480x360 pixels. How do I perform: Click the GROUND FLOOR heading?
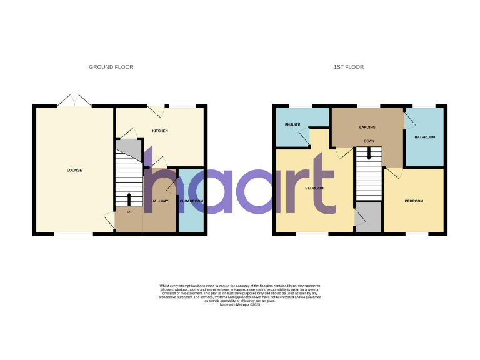[111, 67]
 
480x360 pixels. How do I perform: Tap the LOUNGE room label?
[75, 170]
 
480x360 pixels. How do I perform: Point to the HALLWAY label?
[161, 201]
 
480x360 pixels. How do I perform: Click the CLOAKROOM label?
[192, 201]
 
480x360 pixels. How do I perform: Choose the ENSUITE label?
[292, 124]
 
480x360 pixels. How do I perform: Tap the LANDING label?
[367, 127]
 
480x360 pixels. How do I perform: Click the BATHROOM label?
[425, 137]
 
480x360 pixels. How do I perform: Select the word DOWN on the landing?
[369, 141]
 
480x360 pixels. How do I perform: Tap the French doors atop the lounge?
[74, 100]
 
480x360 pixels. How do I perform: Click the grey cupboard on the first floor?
[369, 217]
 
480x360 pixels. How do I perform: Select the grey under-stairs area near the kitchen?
[129, 148]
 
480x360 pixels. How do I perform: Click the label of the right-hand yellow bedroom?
[414, 201]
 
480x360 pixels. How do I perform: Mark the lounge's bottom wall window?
[66, 234]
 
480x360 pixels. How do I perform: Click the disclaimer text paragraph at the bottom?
[240, 294]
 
